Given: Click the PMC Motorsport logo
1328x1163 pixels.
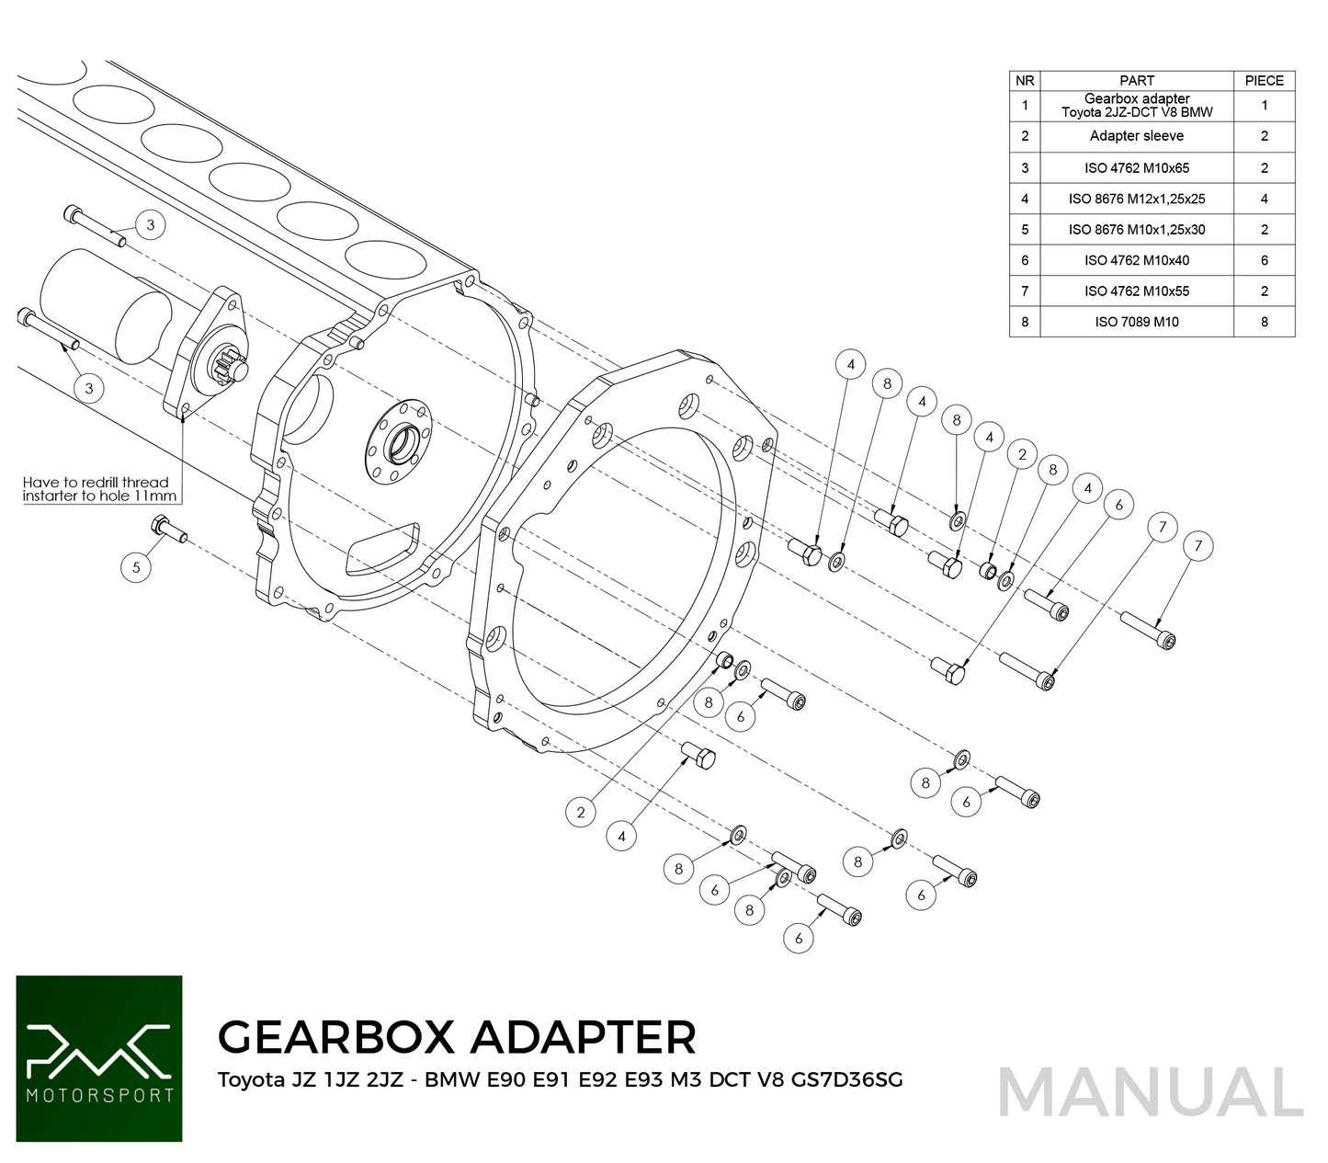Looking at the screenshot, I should coord(99,1058).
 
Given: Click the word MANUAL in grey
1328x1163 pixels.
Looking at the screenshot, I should coord(1150,1093).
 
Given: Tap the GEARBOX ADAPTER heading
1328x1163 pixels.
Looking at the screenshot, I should coord(457,1037).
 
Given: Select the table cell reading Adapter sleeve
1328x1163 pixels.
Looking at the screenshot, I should coord(1136,136).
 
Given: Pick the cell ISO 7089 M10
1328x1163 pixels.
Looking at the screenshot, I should coord(1136,322).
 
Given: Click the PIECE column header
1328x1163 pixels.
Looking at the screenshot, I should coord(1264,81).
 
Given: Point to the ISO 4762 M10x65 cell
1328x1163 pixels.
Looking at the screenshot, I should coord(1136,168).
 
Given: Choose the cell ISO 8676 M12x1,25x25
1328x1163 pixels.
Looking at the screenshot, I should coord(1136,199).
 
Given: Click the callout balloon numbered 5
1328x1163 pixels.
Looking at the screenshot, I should coord(136,567).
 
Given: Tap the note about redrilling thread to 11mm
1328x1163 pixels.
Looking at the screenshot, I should coord(96,489).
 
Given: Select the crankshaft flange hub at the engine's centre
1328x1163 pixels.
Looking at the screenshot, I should coord(403,441).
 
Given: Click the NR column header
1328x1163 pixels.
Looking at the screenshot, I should coord(1025,81).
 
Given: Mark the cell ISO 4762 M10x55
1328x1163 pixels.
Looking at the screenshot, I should coord(1136,291).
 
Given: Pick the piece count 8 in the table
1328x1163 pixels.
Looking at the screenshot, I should coord(1264,322).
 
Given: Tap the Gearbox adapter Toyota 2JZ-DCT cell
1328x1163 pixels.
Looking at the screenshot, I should coord(1136,105).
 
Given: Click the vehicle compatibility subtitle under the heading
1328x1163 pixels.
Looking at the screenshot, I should coord(560,1080).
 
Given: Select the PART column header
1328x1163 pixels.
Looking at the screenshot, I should coord(1136,81).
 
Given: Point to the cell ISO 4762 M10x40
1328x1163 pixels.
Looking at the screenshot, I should coord(1136,260).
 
